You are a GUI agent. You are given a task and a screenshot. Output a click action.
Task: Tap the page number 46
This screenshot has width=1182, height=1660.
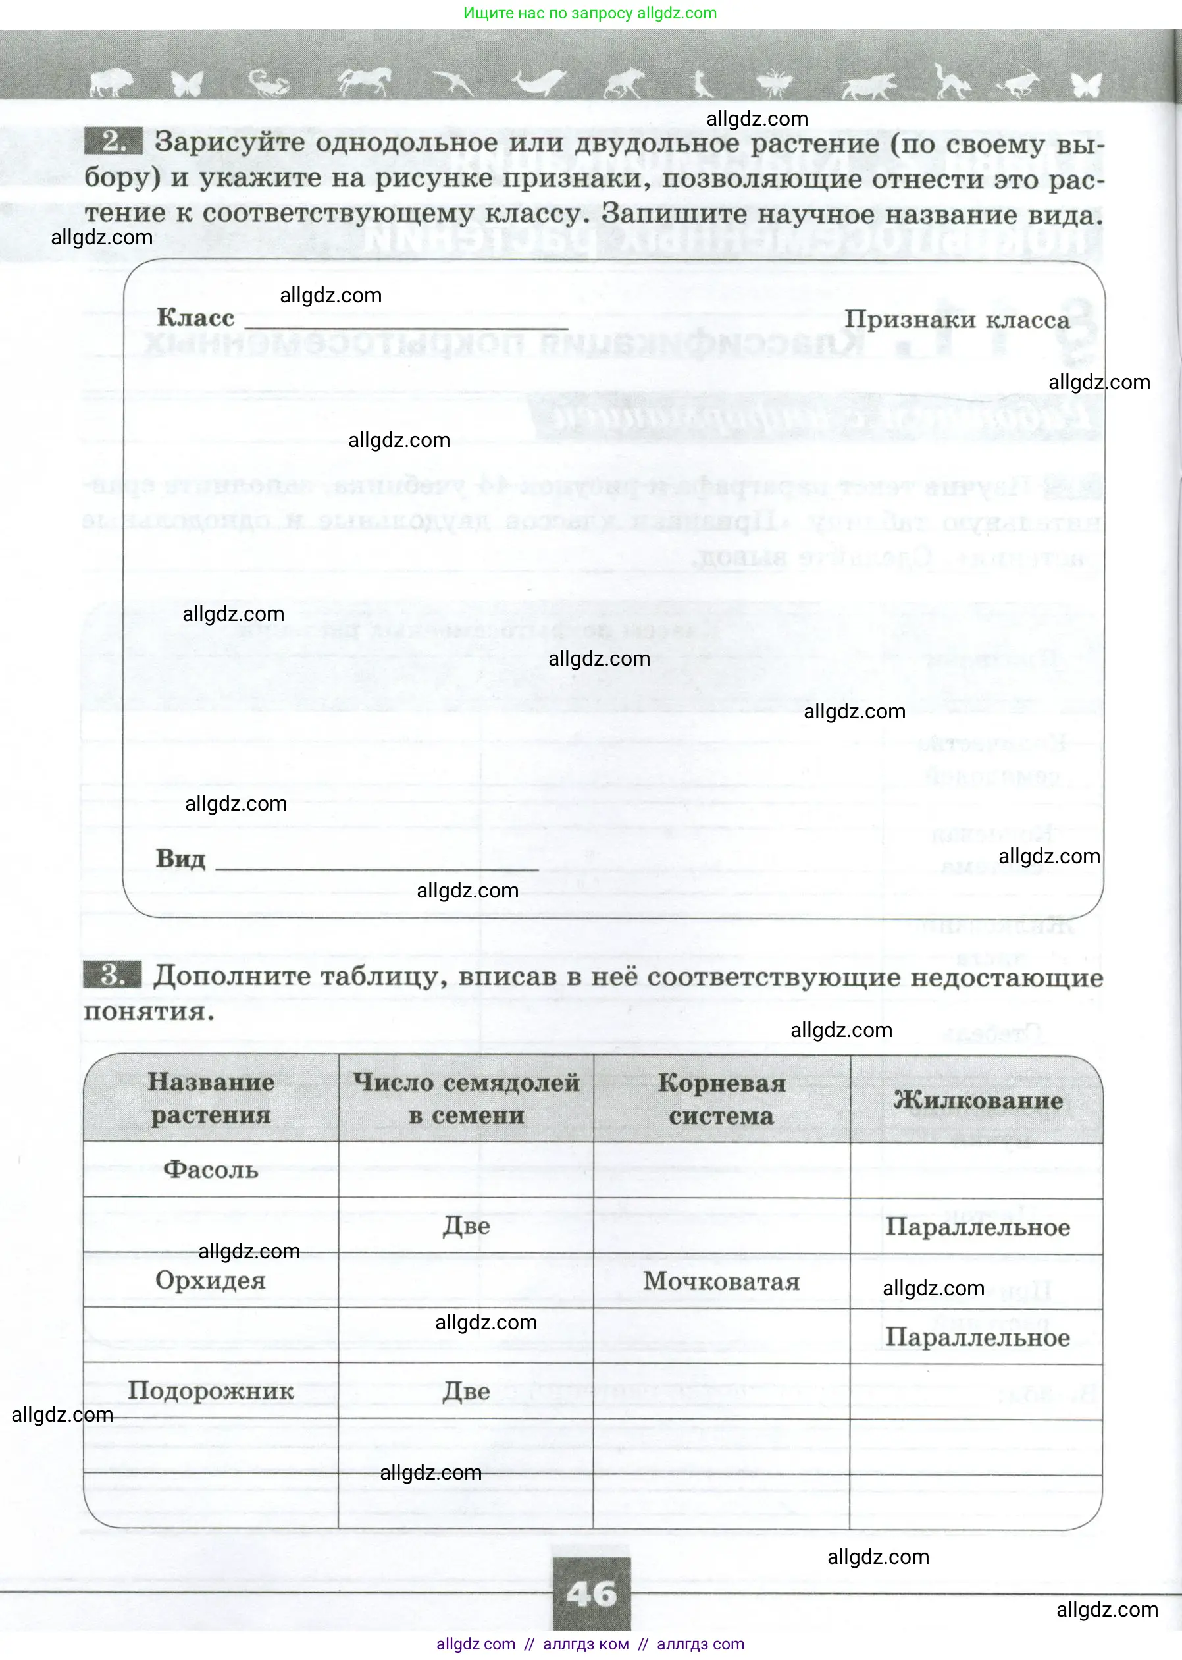tap(591, 1593)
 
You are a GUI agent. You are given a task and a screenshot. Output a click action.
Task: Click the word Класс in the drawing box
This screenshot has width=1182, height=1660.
tap(195, 318)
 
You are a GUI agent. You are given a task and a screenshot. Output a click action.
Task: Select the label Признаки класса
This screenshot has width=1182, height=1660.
tap(956, 319)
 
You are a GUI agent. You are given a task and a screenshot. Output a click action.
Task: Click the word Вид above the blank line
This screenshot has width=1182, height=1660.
tap(180, 859)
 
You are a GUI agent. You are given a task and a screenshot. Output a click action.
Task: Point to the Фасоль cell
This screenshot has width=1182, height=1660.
tap(211, 1170)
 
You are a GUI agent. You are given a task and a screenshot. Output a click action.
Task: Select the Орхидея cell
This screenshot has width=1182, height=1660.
tap(211, 1281)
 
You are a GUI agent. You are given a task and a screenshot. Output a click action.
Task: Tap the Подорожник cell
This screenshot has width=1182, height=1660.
tap(211, 1391)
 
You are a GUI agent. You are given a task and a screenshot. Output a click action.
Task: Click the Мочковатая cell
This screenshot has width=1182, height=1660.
tap(721, 1281)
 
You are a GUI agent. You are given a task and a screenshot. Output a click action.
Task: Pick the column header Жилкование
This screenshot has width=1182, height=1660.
tap(977, 1100)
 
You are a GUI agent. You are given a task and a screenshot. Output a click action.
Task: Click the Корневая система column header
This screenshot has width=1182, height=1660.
tap(721, 1099)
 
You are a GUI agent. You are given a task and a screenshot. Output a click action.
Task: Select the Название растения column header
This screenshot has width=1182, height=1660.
tap(211, 1098)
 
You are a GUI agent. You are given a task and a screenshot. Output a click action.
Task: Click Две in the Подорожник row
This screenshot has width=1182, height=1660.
tap(466, 1391)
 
